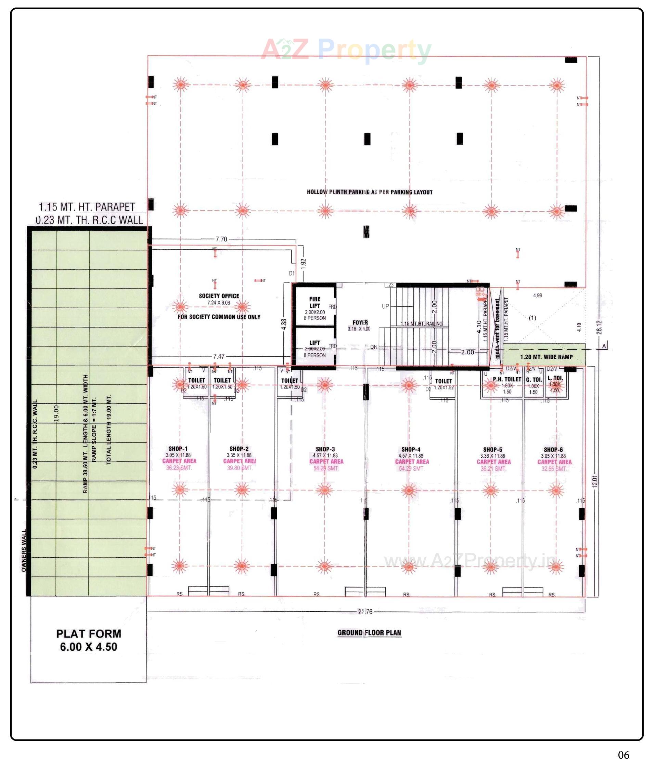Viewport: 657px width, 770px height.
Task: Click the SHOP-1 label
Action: tap(178, 449)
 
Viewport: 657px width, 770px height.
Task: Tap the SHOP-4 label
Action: tap(411, 449)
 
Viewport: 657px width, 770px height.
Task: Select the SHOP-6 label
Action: tap(553, 450)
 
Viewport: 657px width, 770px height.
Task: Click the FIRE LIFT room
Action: tap(315, 306)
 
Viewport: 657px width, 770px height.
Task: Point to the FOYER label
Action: tap(360, 323)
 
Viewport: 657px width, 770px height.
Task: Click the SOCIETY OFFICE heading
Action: tap(219, 296)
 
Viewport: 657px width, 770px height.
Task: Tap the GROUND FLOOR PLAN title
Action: tap(369, 633)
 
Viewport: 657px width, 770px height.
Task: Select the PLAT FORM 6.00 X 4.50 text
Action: tap(89, 640)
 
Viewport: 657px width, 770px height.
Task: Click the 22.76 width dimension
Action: tap(365, 612)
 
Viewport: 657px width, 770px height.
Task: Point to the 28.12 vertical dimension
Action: tap(599, 327)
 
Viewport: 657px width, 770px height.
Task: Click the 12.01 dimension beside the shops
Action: tap(595, 481)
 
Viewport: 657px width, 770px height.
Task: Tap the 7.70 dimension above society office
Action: tap(221, 239)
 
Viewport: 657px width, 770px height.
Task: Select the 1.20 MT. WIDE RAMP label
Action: tap(546, 357)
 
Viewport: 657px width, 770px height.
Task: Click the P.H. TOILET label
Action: tap(507, 379)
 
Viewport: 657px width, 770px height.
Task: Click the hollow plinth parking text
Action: tap(369, 192)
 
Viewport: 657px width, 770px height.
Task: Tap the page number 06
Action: tap(623, 755)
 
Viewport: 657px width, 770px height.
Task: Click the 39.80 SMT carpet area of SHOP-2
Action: tap(240, 468)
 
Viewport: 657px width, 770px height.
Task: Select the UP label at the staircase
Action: tap(385, 306)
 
